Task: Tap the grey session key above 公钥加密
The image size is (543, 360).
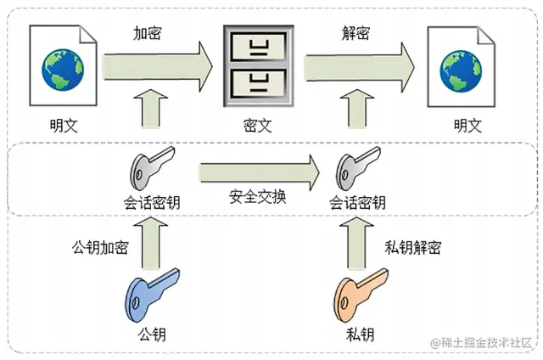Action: pyautogui.click(x=151, y=171)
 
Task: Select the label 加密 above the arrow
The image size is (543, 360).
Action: pyautogui.click(x=148, y=34)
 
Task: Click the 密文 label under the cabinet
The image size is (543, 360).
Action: pyautogui.click(x=257, y=125)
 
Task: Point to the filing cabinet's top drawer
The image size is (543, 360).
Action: pyautogui.click(x=257, y=46)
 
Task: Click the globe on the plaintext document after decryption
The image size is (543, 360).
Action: pyautogui.click(x=462, y=70)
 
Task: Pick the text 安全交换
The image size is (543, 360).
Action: pyautogui.click(x=258, y=197)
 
